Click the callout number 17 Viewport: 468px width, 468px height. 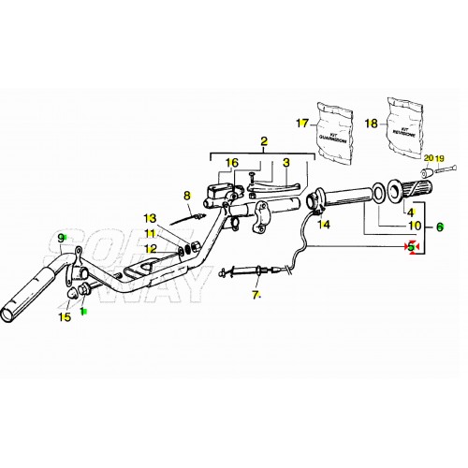(301, 124)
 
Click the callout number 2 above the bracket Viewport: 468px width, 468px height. (264, 141)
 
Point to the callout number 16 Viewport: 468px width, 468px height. (231, 163)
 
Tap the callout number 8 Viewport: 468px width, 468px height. (186, 196)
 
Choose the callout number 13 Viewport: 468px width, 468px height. (149, 218)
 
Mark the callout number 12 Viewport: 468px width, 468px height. (149, 248)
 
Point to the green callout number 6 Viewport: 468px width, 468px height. (440, 226)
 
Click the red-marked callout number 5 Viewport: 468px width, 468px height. (409, 246)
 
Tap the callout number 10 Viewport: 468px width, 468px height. (414, 226)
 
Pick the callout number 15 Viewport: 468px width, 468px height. (65, 317)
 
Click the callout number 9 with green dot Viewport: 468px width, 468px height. (63, 238)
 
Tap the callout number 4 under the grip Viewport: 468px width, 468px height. (409, 212)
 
